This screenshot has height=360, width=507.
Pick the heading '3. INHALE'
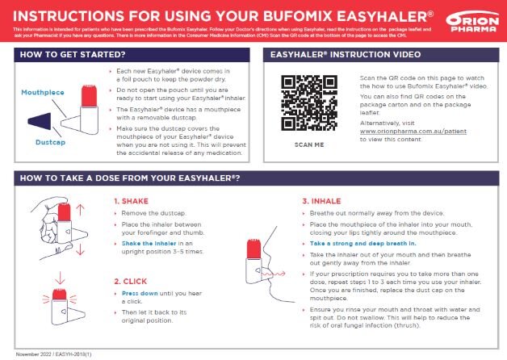pos(321,201)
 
